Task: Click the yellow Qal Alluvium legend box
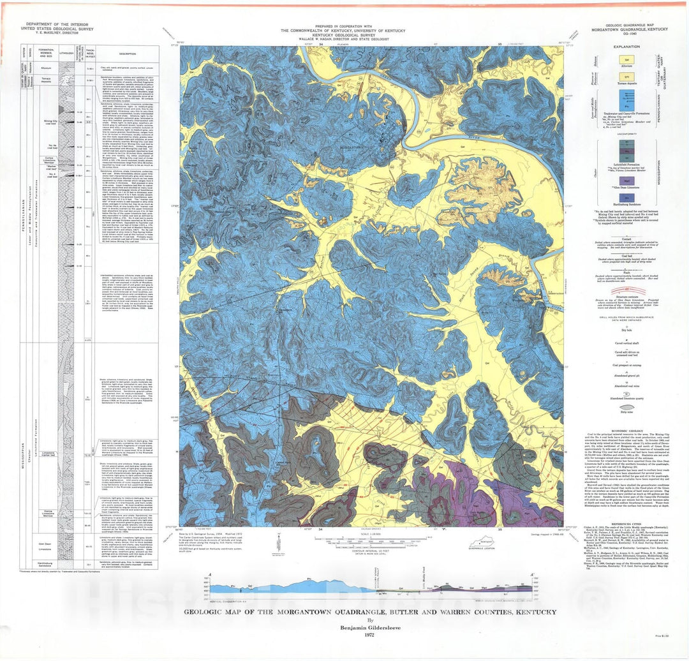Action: click(626, 59)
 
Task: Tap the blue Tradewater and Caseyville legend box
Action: click(626, 100)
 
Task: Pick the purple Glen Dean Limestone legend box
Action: click(626, 181)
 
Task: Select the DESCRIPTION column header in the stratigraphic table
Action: click(127, 54)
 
